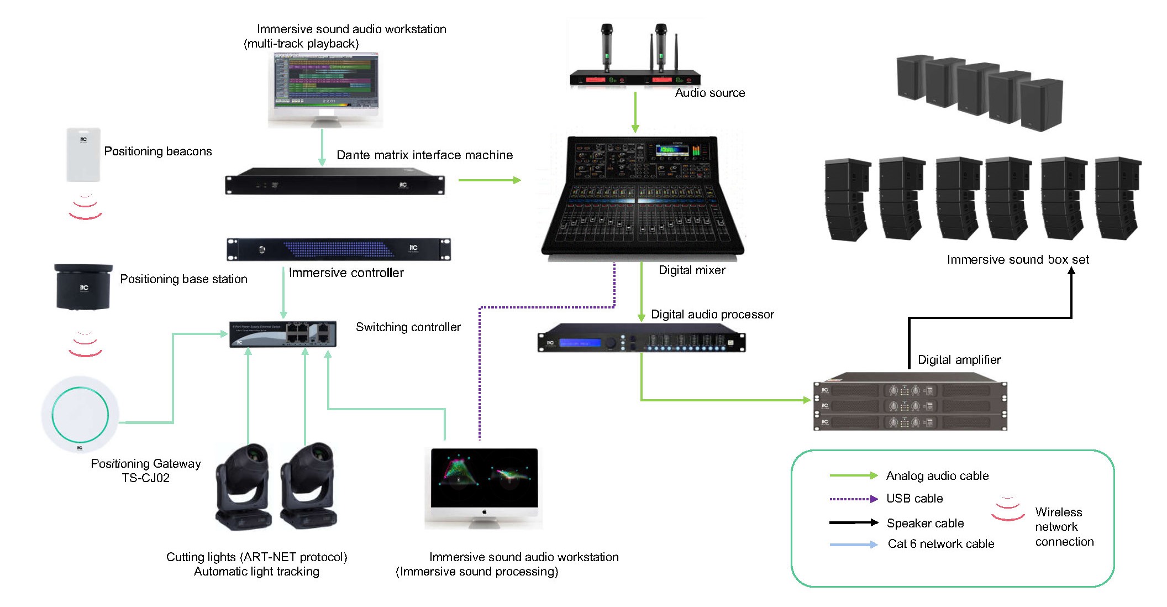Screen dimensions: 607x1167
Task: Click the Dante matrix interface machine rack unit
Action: (x=335, y=181)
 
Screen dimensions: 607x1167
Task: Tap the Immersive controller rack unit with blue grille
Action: (x=338, y=249)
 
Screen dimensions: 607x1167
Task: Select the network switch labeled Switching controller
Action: (x=283, y=333)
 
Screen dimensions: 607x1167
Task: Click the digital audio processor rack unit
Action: (x=641, y=338)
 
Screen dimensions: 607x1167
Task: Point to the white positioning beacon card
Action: (x=83, y=155)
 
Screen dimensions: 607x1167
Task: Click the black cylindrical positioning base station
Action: (x=83, y=286)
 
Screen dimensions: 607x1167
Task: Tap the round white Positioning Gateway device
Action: (x=80, y=415)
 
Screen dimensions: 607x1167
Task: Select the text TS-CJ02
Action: (x=145, y=478)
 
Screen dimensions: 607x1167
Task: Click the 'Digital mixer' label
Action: (x=692, y=270)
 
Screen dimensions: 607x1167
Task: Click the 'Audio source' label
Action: (x=710, y=93)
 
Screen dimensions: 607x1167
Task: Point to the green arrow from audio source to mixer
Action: (x=635, y=113)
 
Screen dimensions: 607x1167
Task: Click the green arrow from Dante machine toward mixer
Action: (x=490, y=180)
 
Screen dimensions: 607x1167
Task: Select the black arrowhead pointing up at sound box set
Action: (x=1071, y=273)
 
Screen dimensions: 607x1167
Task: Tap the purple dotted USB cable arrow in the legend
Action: (x=853, y=499)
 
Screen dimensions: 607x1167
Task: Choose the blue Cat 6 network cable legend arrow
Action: (x=853, y=545)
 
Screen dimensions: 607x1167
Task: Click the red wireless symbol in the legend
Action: (x=1008, y=509)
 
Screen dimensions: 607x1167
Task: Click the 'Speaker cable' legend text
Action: (x=925, y=523)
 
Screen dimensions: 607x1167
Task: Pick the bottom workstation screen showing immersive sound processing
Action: (x=484, y=478)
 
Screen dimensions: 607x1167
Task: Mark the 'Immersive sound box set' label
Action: (x=1018, y=260)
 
